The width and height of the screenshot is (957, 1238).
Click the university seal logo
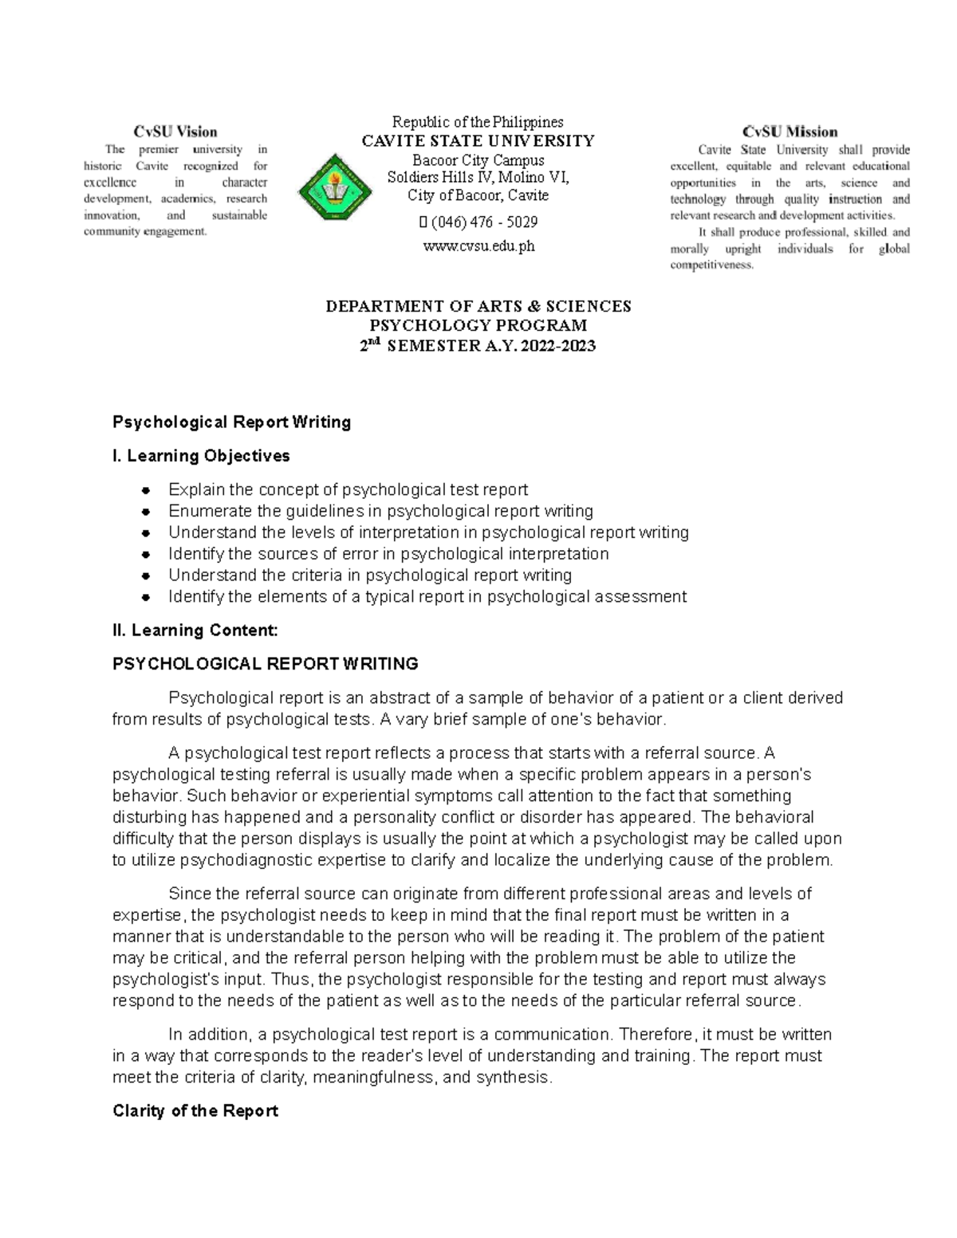coord(334,188)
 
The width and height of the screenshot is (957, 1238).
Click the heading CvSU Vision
coord(175,132)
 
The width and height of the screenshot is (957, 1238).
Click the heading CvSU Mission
coord(790,132)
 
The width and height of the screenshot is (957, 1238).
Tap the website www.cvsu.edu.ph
coord(478,246)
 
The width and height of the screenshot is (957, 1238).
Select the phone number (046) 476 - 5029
coord(483,222)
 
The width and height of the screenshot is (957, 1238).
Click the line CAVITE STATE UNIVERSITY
coord(478,141)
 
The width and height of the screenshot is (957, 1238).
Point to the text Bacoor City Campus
coord(478,160)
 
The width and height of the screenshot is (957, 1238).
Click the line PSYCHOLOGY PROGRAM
coord(478,325)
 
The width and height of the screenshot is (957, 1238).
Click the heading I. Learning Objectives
coord(201,456)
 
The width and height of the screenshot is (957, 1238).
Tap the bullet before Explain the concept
coord(145,489)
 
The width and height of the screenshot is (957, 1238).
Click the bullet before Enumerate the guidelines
coord(145,511)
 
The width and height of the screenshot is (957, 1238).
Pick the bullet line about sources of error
coord(388,554)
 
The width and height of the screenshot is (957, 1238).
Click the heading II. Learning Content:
coord(195,631)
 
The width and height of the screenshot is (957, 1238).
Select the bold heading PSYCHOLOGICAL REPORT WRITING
coord(265,664)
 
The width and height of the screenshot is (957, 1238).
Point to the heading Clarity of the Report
coord(195,1111)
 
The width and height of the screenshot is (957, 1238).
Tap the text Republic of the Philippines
coord(478,122)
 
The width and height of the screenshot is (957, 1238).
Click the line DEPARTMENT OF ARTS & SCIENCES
coord(478,306)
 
